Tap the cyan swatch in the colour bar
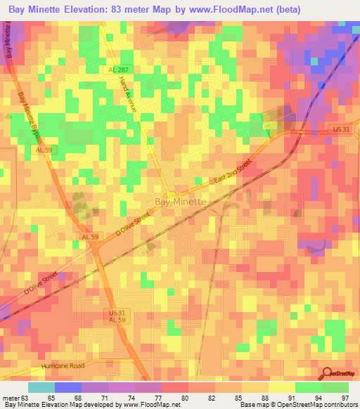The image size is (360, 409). coord(41,387)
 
